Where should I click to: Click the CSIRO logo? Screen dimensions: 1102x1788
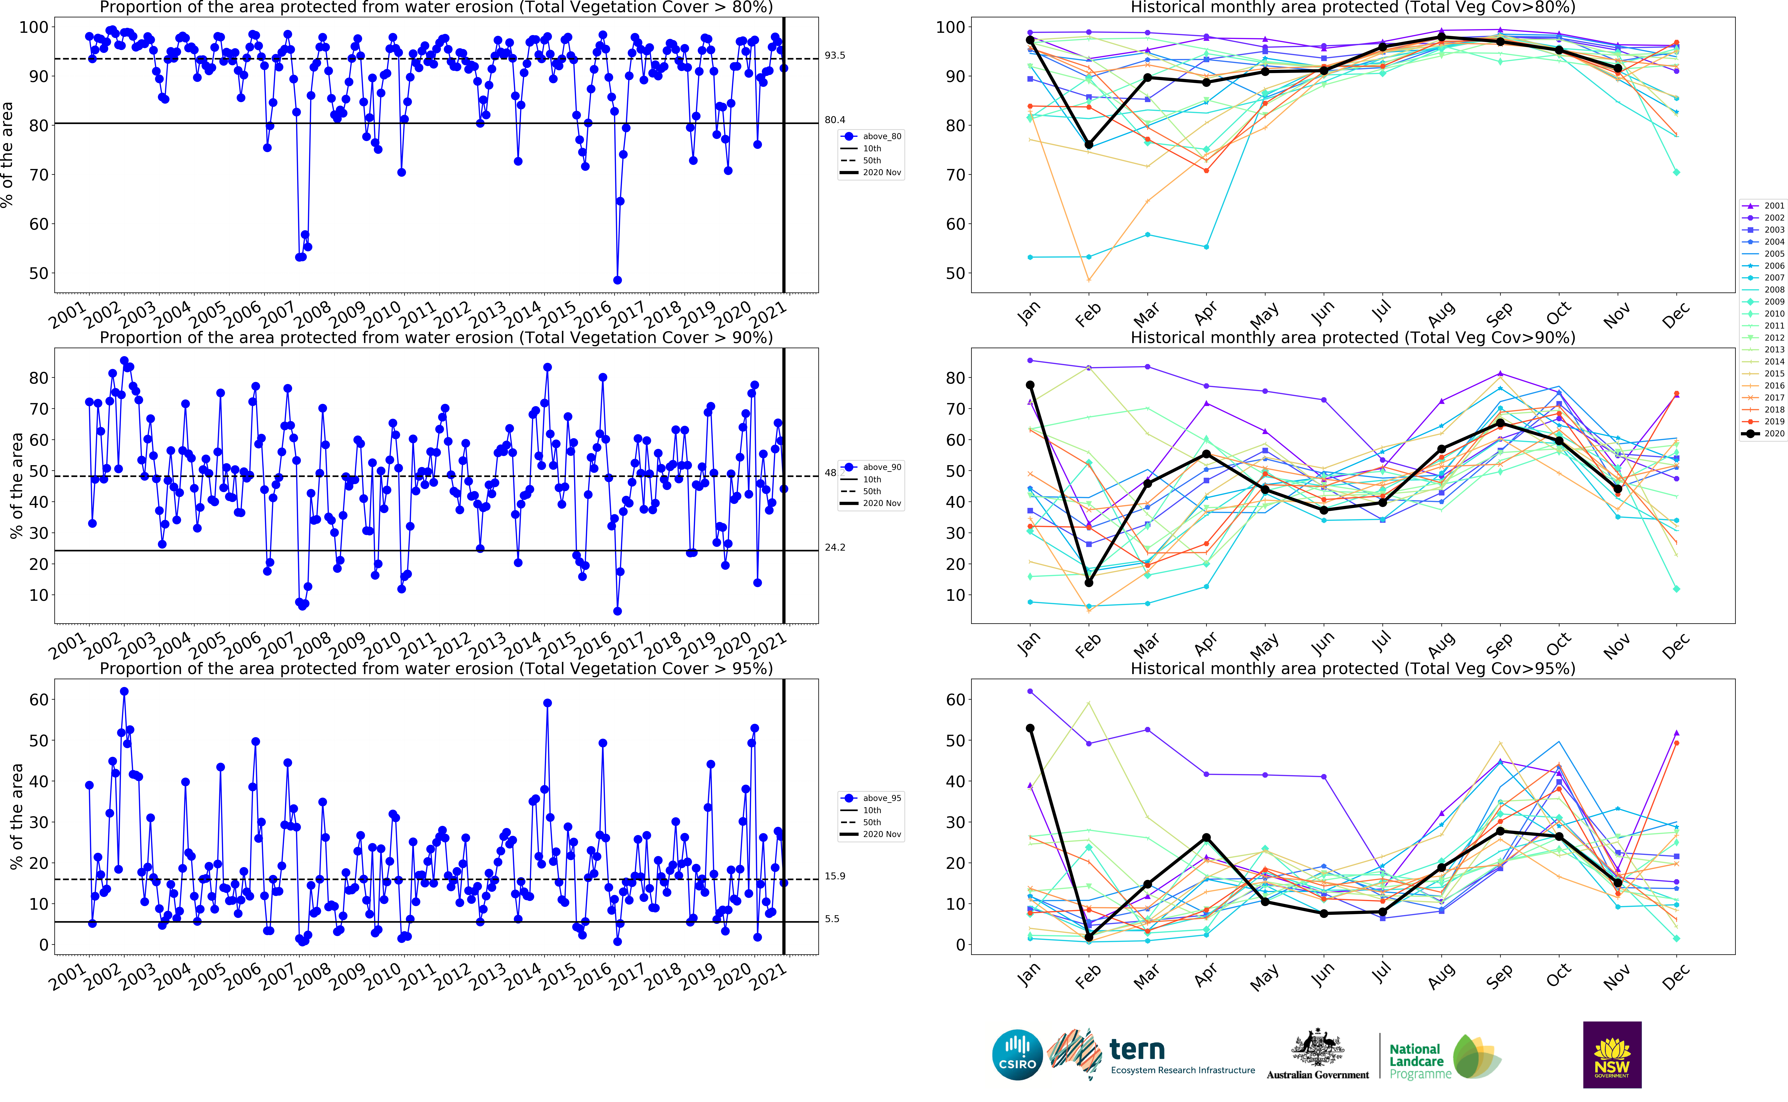coord(1017,1055)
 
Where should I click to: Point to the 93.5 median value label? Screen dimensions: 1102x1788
coord(835,55)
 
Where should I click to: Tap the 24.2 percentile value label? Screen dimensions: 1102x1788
coord(835,547)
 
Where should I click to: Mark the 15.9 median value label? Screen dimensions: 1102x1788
coord(835,876)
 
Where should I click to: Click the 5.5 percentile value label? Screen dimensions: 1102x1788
coord(832,919)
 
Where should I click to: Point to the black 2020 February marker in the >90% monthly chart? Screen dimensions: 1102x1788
coord(1088,582)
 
